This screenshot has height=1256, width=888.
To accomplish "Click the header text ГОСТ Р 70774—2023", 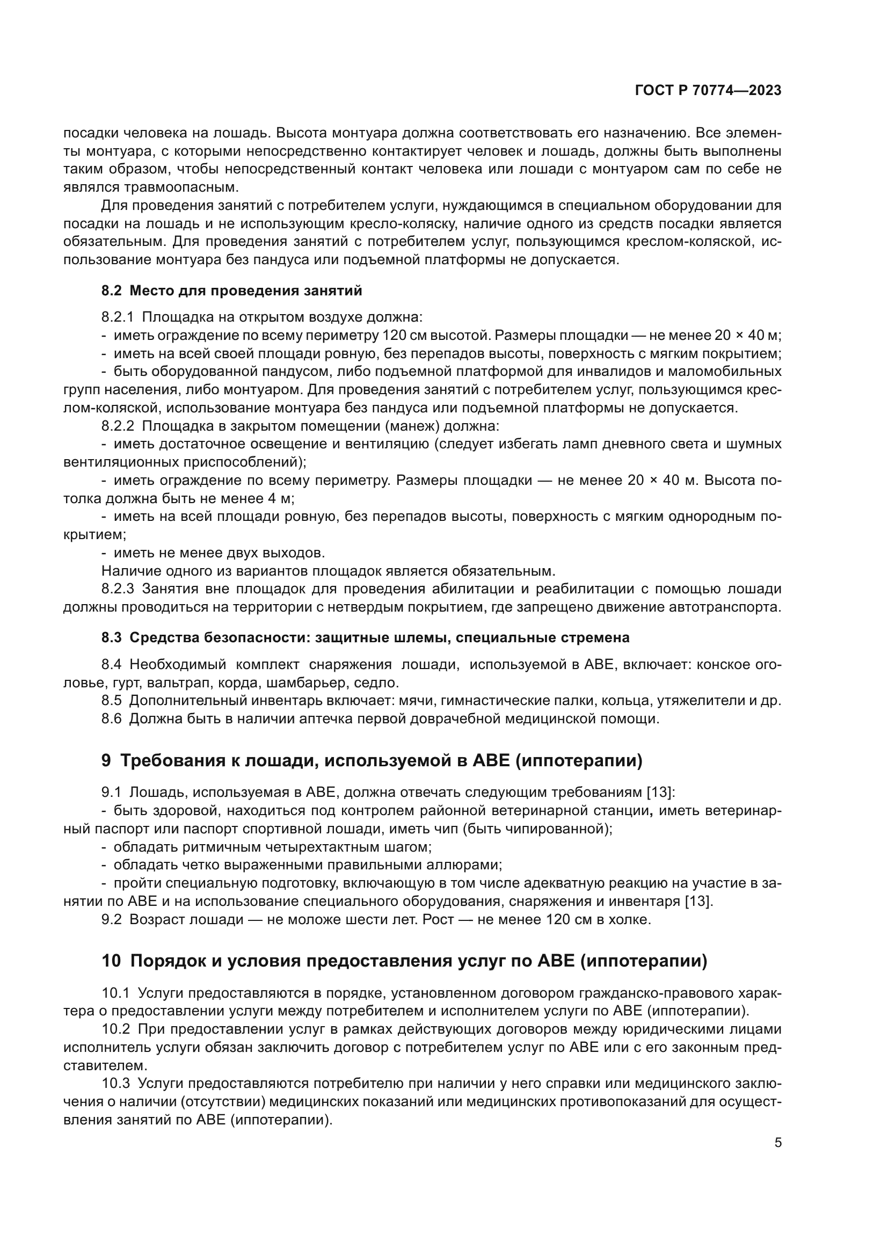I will [708, 91].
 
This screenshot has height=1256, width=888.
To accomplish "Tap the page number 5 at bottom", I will [777, 1143].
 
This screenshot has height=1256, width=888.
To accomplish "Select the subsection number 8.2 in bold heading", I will [111, 291].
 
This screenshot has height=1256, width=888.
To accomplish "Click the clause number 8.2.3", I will [117, 589].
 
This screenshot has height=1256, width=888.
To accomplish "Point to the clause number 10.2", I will [116, 1029].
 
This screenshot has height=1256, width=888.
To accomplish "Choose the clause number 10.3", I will [116, 1084].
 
